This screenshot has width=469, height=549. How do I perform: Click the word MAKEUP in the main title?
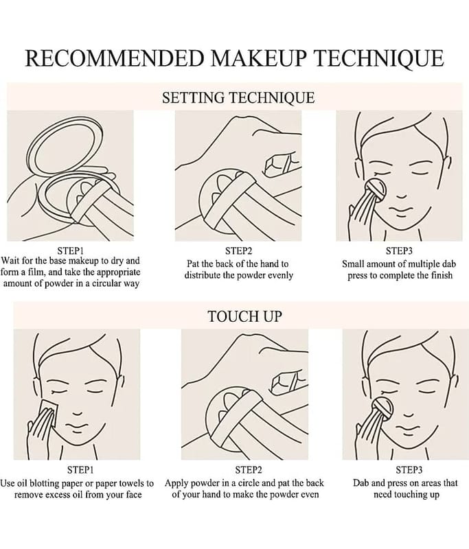(259, 58)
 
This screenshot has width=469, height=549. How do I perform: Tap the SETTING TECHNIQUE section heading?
(238, 97)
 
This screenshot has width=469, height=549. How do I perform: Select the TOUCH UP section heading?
(244, 316)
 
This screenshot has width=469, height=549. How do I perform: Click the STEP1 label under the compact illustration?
(70, 250)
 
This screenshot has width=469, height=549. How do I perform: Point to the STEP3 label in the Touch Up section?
(409, 469)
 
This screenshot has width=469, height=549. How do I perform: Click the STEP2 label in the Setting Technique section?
(238, 250)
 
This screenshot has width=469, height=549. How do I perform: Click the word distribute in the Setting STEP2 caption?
(202, 275)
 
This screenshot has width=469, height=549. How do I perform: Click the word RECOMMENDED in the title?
(115, 58)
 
